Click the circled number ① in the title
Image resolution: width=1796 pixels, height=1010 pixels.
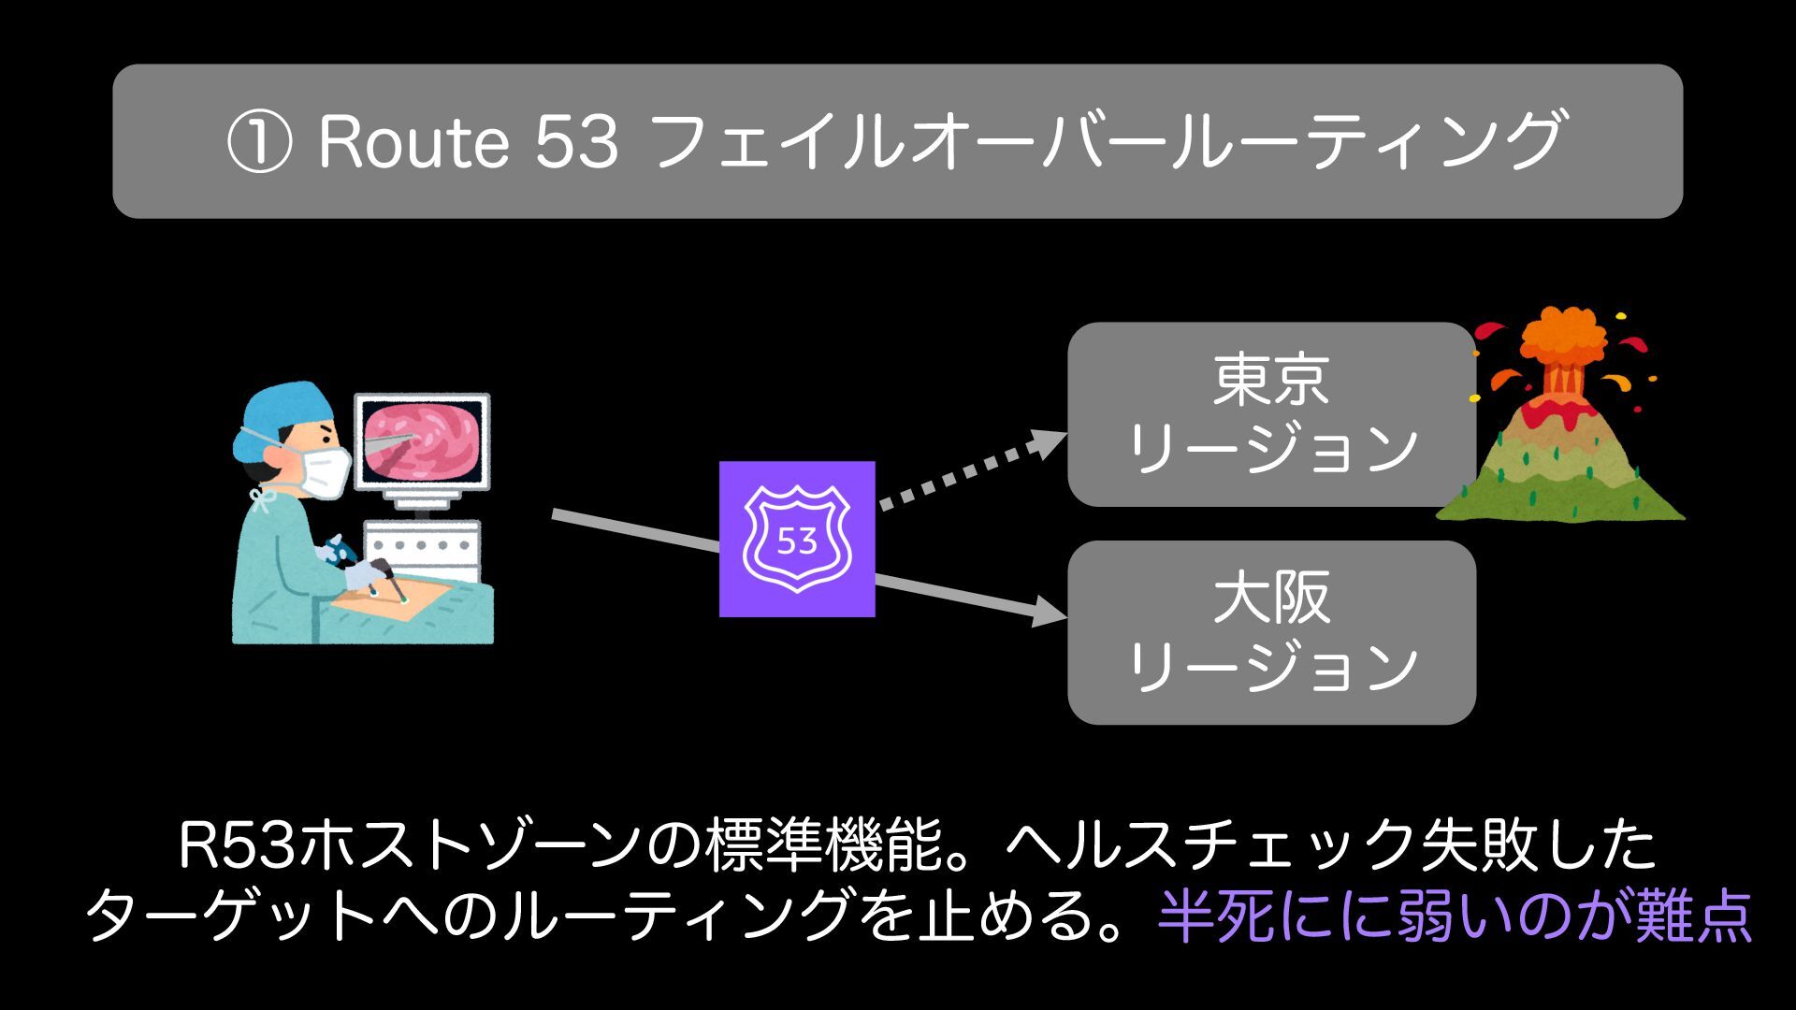point(258,143)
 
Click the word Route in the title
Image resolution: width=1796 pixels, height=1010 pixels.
point(413,142)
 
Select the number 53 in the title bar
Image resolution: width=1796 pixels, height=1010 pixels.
point(576,142)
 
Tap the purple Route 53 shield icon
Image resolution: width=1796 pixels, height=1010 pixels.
point(797,539)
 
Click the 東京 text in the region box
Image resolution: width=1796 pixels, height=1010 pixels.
point(1271,381)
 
